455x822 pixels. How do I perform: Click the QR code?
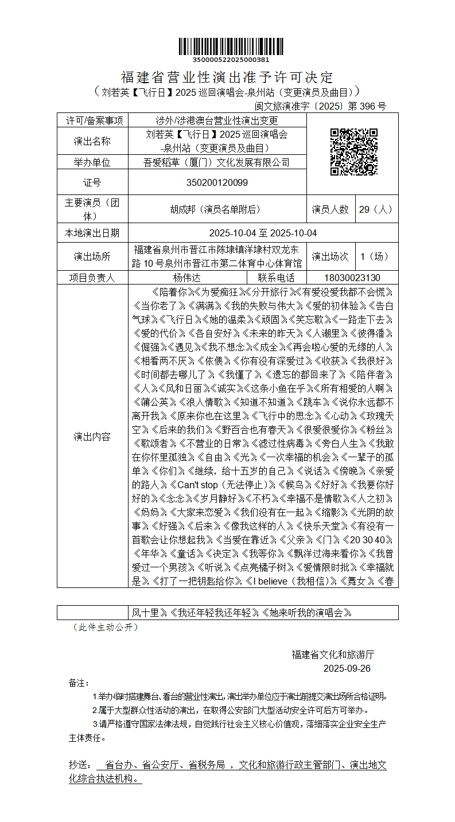pyautogui.click(x=353, y=151)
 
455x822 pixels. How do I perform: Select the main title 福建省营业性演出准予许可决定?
pyautogui.click(x=227, y=77)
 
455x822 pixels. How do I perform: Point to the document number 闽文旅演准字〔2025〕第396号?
pyautogui.click(x=320, y=106)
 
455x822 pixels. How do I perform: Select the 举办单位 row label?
pyautogui.click(x=92, y=162)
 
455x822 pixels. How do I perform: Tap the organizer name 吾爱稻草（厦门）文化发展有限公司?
pyautogui.click(x=217, y=162)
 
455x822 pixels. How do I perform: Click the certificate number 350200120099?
pyautogui.click(x=217, y=182)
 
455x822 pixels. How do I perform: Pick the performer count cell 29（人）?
pyautogui.click(x=376, y=209)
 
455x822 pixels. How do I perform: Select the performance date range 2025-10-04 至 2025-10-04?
pyautogui.click(x=263, y=233)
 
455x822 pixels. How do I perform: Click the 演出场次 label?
pyautogui.click(x=330, y=256)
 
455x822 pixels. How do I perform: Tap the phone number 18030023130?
pyautogui.click(x=351, y=278)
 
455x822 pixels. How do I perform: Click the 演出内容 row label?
pyautogui.click(x=92, y=437)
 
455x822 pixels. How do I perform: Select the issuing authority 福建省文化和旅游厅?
pyautogui.click(x=333, y=655)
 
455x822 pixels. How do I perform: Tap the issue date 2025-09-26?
pyautogui.click(x=347, y=668)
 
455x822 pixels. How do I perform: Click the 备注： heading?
pyautogui.click(x=79, y=683)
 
